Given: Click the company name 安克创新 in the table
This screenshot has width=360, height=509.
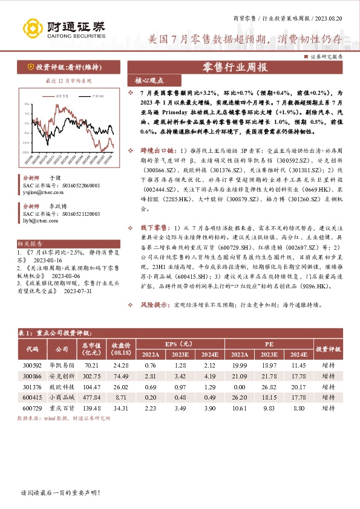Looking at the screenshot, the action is coord(62,375).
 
